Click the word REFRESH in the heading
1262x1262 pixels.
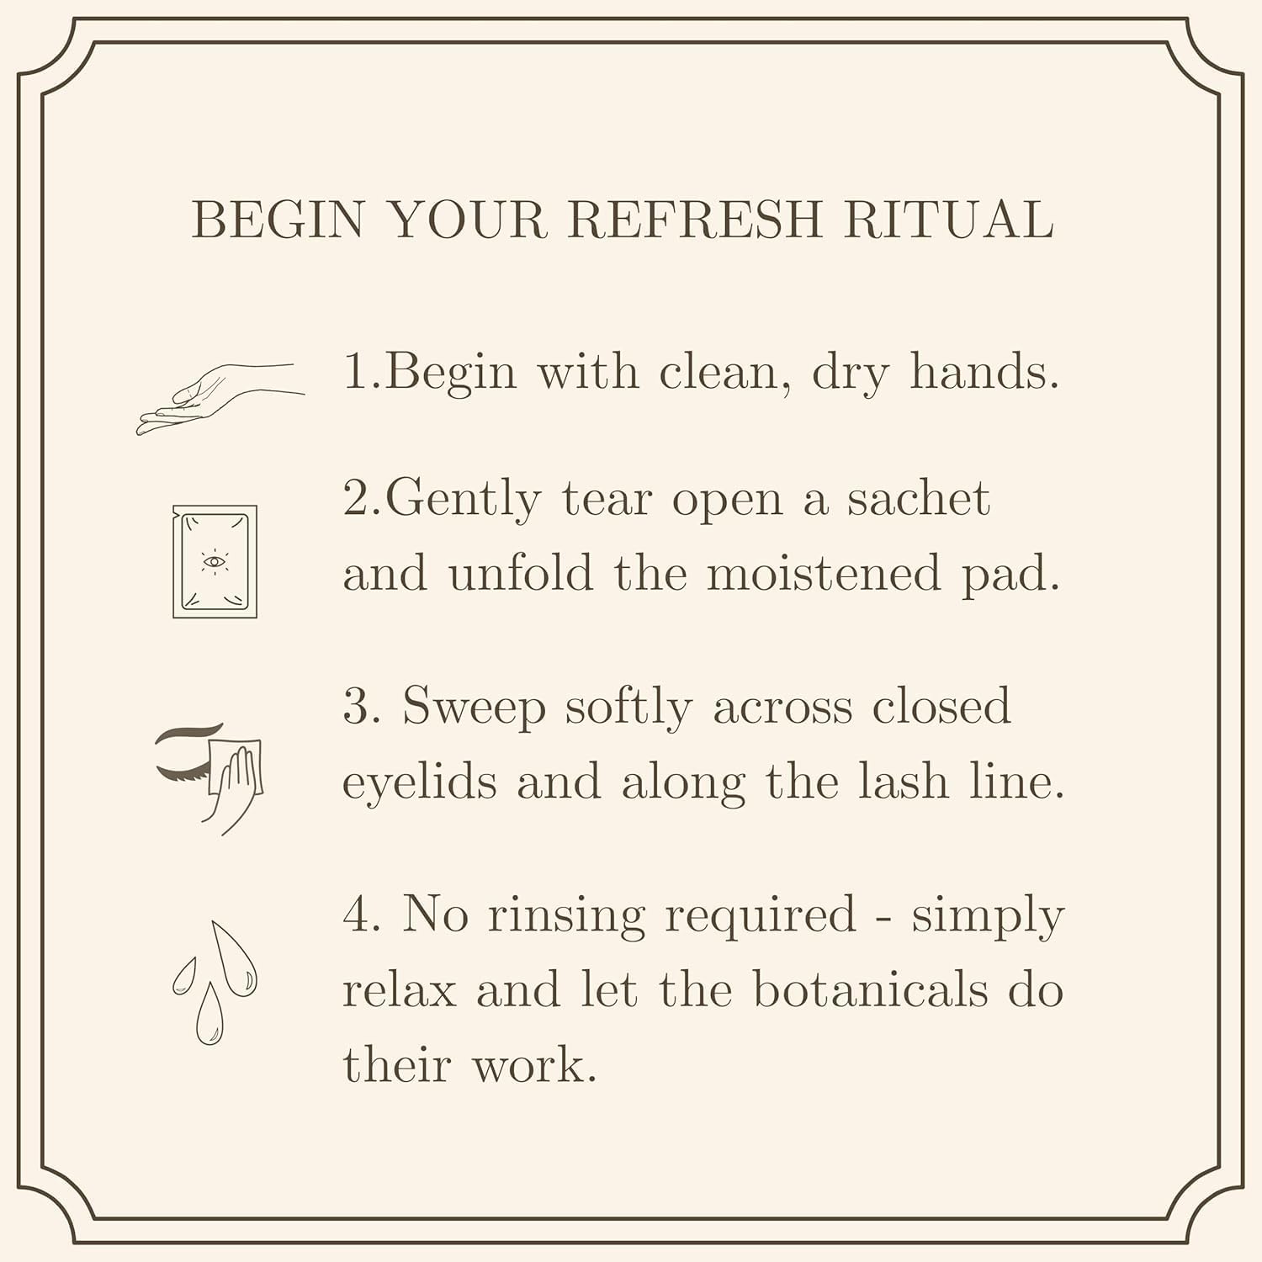click(694, 220)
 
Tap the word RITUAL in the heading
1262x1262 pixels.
click(949, 220)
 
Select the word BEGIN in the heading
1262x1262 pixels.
click(278, 220)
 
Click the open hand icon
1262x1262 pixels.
click(220, 399)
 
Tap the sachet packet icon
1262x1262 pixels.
click(215, 561)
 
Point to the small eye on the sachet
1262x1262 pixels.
click(215, 561)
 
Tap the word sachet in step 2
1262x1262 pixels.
click(919, 498)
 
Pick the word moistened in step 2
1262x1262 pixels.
click(823, 574)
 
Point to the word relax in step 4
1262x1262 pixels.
click(399, 991)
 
